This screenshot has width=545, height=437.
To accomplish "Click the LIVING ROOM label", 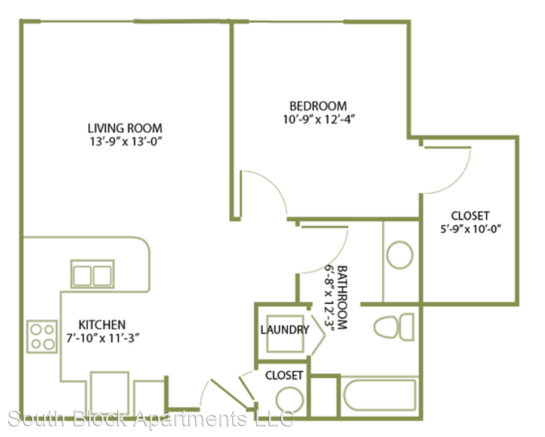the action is click(125, 128).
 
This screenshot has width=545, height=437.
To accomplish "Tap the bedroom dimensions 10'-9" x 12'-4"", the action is click(319, 119).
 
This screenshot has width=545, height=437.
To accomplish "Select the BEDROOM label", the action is click(318, 106).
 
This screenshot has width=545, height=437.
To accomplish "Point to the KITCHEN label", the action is click(102, 325).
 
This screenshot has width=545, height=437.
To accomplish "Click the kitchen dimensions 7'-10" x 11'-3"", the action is click(103, 338).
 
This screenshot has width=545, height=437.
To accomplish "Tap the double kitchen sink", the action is click(93, 274).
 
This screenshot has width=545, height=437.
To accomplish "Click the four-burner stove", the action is click(42, 337).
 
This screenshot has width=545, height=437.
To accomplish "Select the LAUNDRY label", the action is click(285, 330).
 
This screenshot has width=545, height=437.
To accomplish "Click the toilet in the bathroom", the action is click(394, 327).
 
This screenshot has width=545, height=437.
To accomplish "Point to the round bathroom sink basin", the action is click(400, 255).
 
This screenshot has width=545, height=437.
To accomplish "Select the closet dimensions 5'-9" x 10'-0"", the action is click(471, 229).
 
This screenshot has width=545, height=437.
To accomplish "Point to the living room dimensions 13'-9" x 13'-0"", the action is click(126, 142).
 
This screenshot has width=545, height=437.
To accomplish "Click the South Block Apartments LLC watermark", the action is click(151, 419).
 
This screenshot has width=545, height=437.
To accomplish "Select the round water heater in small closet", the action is click(290, 400).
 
